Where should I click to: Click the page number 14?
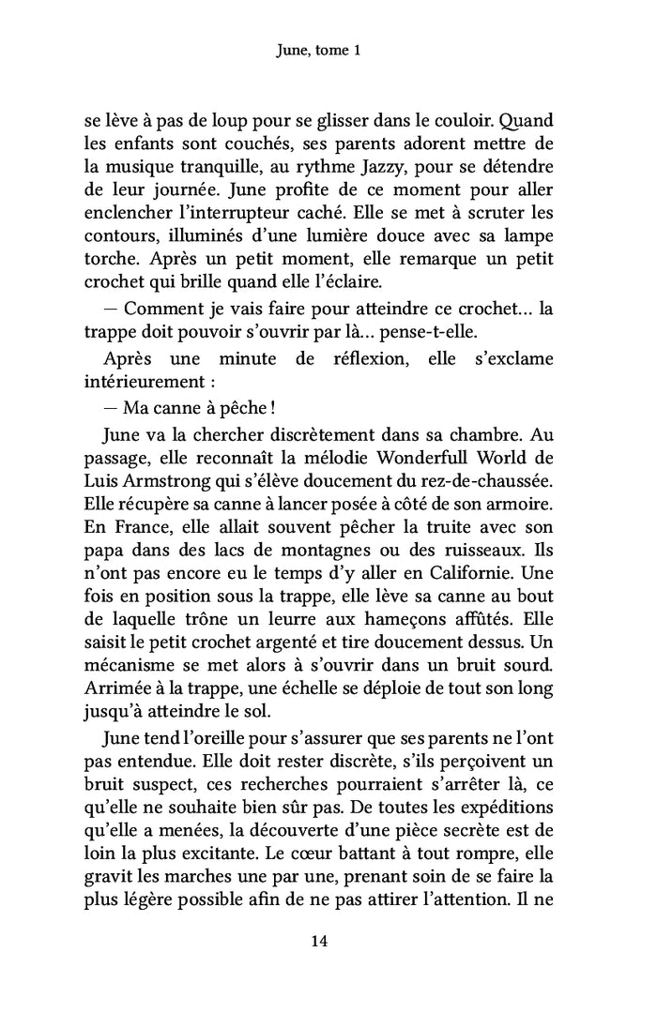328,942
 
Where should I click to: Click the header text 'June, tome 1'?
328,53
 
